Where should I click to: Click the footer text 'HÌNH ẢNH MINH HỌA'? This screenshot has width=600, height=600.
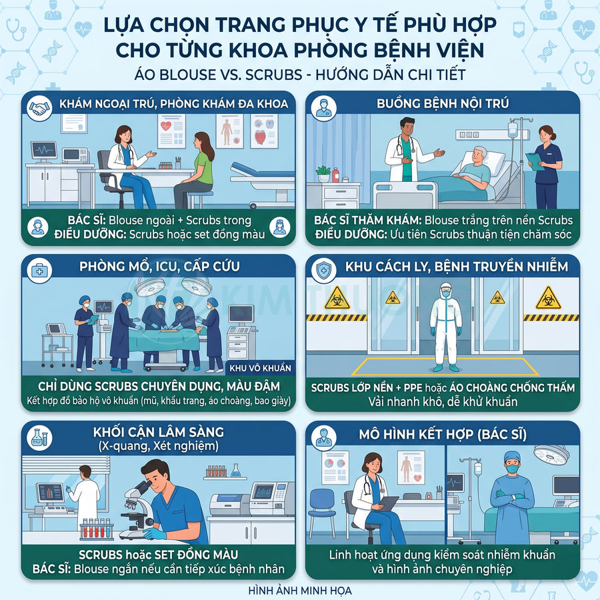299,590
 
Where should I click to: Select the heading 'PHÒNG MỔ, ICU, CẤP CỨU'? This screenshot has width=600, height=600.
159,266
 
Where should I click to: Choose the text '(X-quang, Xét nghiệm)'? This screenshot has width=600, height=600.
159,445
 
